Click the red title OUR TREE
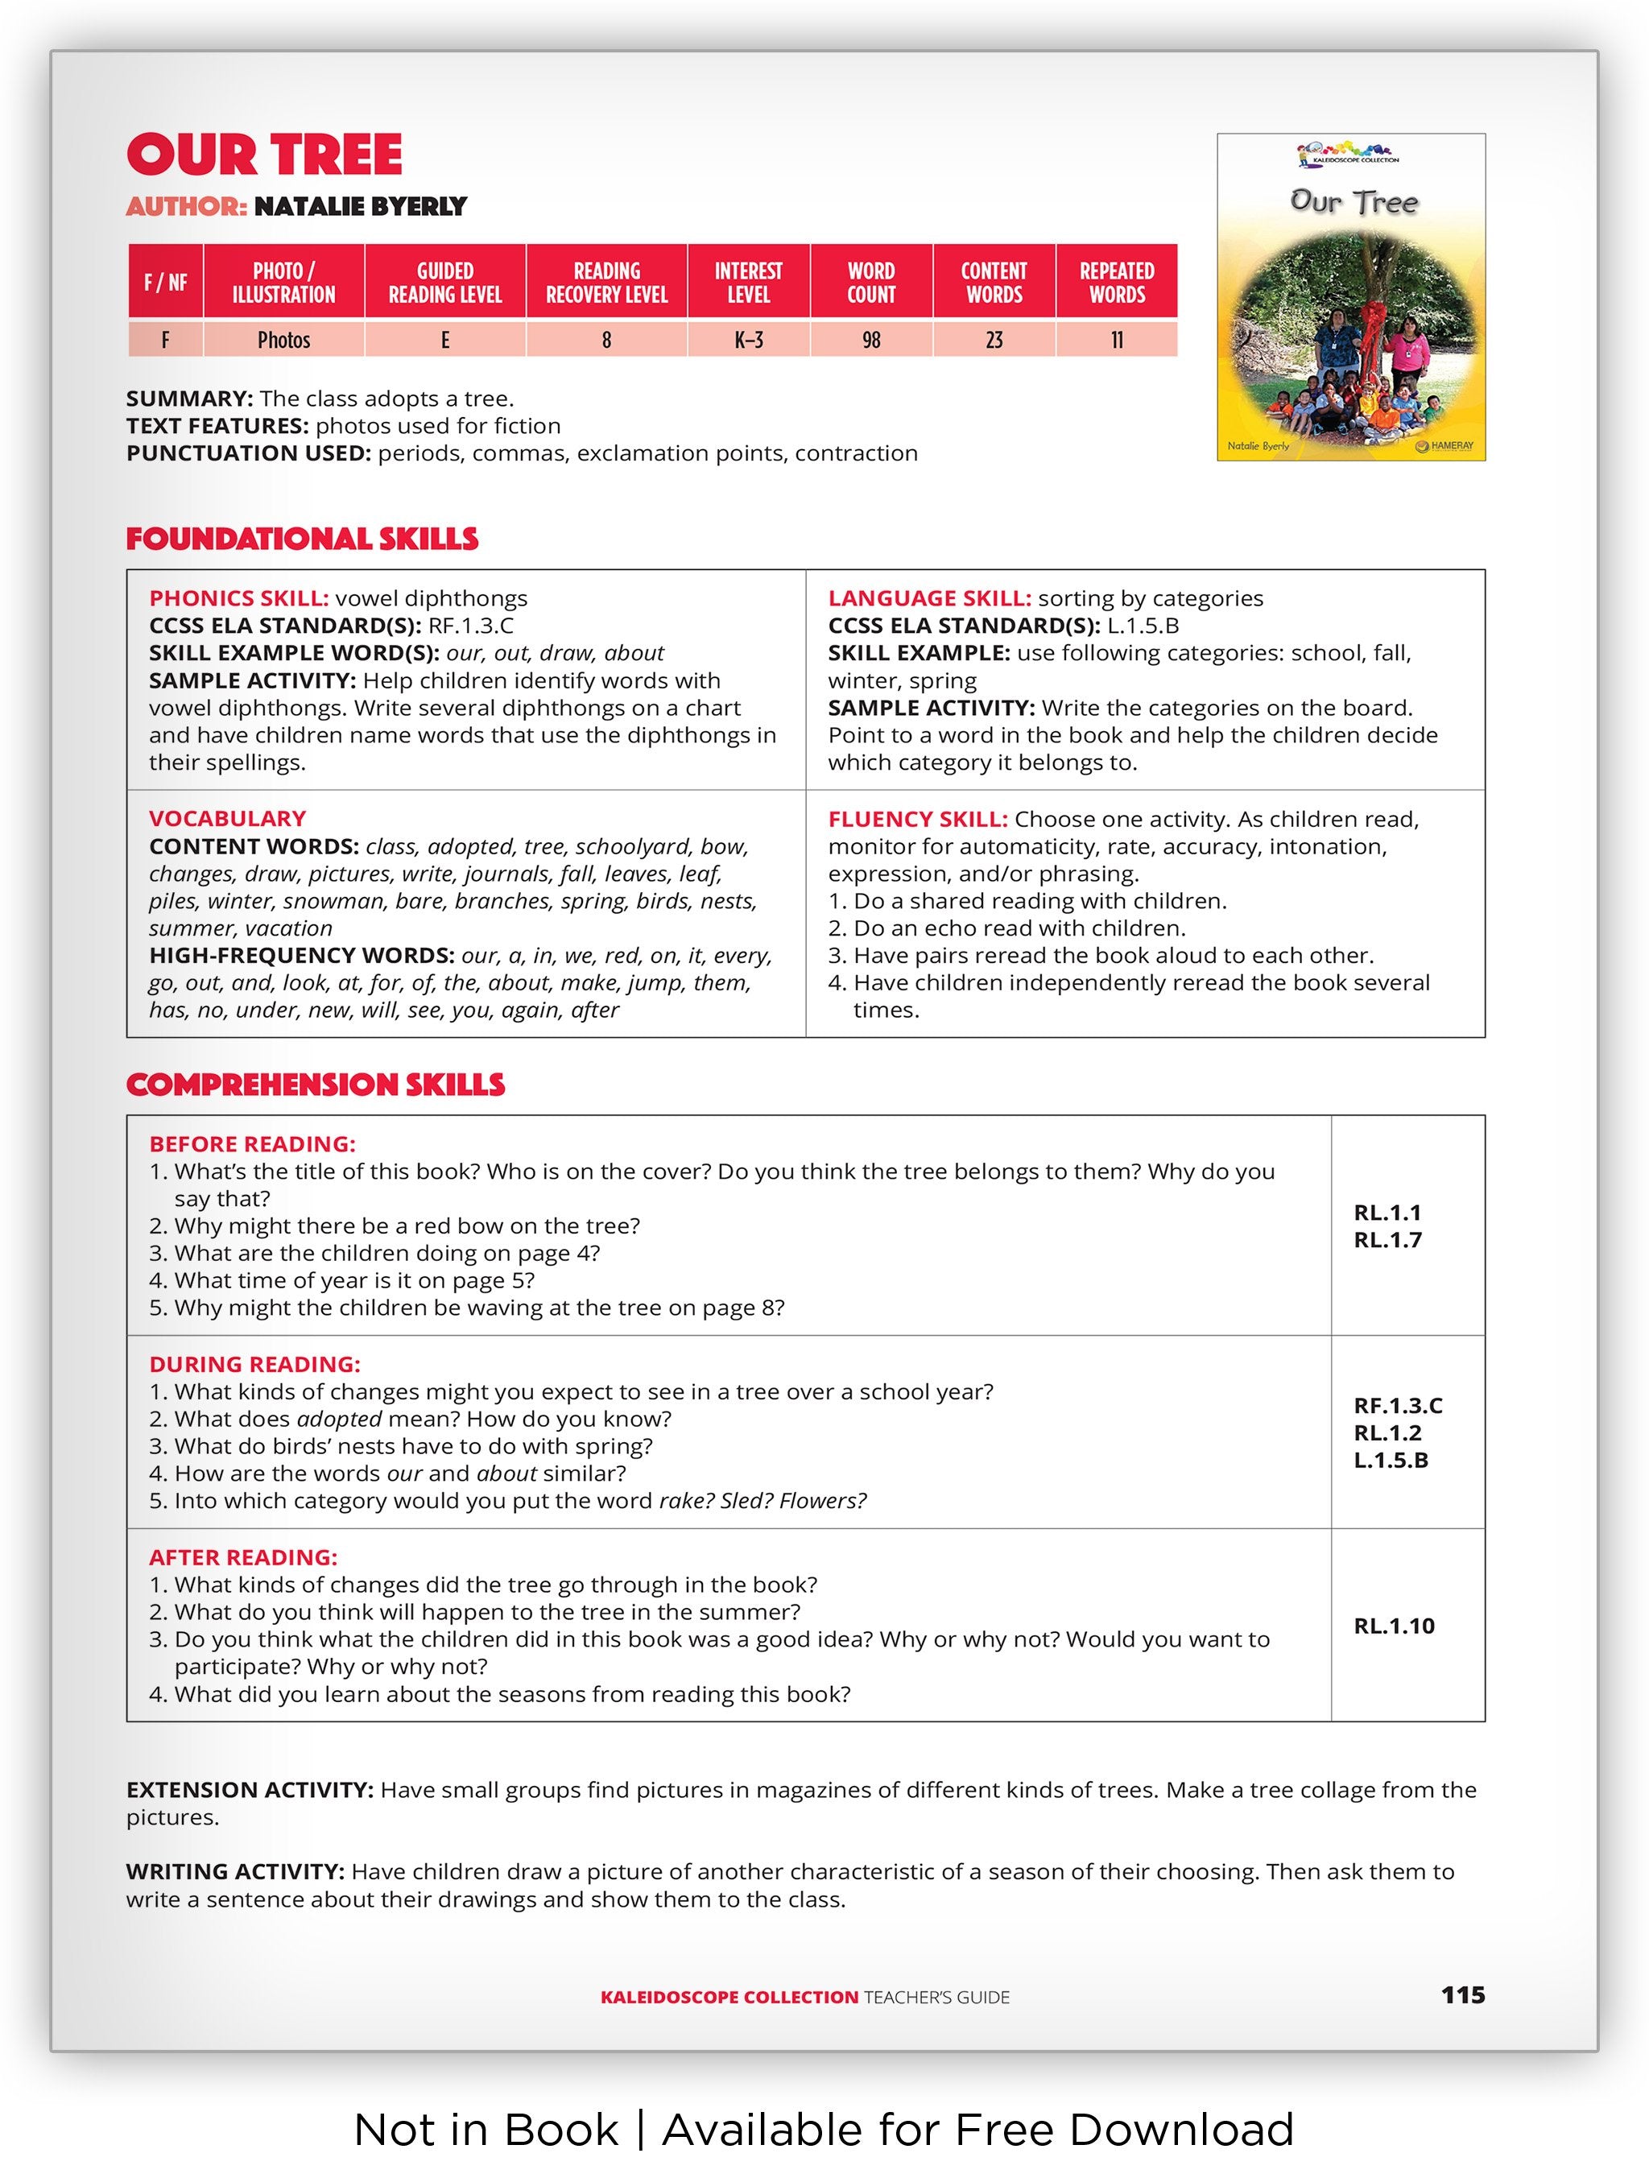264,155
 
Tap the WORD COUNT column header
870,283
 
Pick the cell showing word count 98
870,341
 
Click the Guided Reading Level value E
445,341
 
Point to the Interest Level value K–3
748,341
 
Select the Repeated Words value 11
1117,341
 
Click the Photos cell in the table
283,341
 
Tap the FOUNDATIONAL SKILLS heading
302,539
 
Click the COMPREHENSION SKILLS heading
315,1085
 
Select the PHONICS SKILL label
238,599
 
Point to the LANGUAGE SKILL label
929,599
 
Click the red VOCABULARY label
227,818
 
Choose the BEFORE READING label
252,1144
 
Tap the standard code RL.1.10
1393,1626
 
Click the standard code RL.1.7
1387,1241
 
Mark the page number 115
1462,1995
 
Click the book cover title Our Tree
1354,203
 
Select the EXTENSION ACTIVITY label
249,1790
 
